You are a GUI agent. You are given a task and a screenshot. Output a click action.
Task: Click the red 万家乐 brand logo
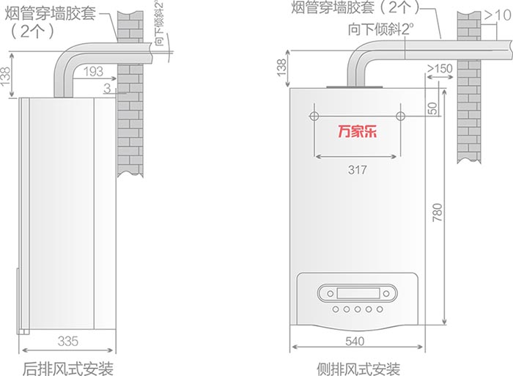click(358, 131)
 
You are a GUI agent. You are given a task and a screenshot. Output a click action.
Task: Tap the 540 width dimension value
click(355, 342)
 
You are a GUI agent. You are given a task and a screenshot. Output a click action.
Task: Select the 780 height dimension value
click(437, 212)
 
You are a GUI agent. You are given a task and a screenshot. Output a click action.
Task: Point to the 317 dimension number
click(357, 170)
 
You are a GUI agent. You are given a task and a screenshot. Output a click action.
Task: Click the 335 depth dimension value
click(68, 342)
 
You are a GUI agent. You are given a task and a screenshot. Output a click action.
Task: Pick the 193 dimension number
click(93, 71)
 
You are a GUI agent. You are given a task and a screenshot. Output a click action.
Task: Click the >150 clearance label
click(440, 69)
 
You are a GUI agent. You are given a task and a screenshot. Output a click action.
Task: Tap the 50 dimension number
click(432, 108)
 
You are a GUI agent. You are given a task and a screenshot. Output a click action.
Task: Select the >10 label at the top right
click(498, 15)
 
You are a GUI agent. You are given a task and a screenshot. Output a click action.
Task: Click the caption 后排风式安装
click(68, 369)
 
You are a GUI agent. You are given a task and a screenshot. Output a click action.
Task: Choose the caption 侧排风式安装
click(358, 369)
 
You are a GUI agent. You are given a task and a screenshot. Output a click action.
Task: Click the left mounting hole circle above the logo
click(314, 116)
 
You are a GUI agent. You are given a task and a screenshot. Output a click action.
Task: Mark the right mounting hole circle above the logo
click(400, 116)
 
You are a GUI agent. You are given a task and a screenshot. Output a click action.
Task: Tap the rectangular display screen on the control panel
click(358, 293)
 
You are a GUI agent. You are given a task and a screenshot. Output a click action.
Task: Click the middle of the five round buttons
click(358, 309)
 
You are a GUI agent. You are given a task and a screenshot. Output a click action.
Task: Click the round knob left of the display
click(330, 293)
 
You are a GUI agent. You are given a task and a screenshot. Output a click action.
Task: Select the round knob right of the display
click(386, 293)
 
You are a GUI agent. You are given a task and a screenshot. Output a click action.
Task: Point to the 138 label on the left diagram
click(5, 76)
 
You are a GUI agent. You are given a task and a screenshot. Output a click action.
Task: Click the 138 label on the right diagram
click(281, 67)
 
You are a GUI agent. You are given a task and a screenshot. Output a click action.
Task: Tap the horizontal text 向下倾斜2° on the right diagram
click(380, 29)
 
